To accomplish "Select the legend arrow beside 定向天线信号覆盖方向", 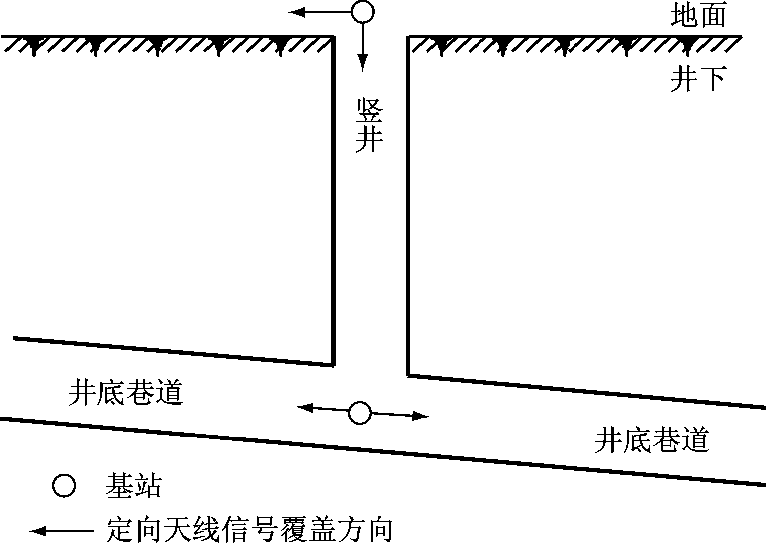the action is pos(62,531).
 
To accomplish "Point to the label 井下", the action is pos(698,79).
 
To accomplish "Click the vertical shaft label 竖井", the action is pos(369,125).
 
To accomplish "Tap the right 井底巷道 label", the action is pos(652,440).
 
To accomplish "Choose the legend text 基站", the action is pos(133,486).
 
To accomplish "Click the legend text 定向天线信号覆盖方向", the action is pos(249,531).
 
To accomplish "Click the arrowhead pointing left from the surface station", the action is pos(297,12).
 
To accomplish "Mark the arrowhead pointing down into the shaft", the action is pos(363,63).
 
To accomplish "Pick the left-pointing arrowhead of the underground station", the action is pos(304,408).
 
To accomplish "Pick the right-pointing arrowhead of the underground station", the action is pos(421,416).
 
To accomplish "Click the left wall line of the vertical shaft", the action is pos(333,201).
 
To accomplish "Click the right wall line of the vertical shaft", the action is pos(408,206).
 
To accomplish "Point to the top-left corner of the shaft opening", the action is pos(333,36).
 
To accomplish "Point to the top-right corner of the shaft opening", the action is pos(408,36).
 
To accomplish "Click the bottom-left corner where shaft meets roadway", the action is pos(333,365).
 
